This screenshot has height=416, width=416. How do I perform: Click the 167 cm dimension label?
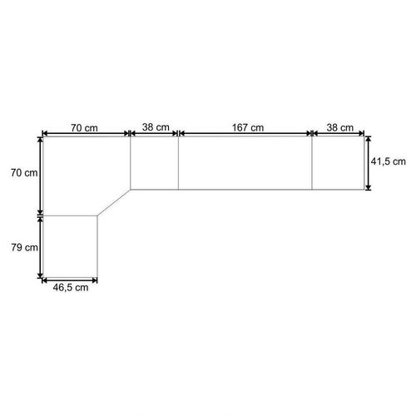(248, 127)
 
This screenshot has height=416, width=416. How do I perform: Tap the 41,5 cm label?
(389, 161)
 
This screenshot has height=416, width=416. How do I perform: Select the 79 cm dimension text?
(24, 247)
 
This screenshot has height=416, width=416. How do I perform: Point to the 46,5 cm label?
(71, 288)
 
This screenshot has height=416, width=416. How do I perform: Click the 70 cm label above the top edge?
(84, 128)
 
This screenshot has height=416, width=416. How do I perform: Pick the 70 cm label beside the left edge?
(24, 173)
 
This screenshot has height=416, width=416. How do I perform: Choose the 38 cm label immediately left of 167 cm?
(156, 127)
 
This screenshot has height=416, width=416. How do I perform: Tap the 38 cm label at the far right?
(340, 127)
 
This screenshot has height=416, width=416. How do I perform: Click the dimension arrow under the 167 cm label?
(245, 134)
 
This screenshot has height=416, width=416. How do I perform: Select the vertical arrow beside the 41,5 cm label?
(368, 163)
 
